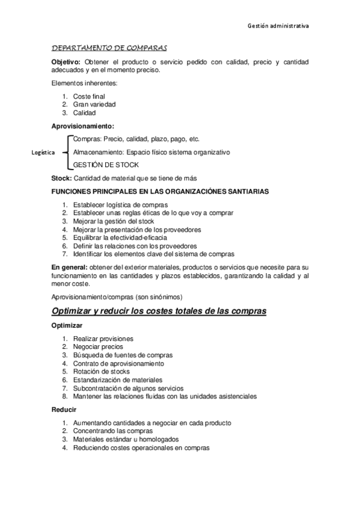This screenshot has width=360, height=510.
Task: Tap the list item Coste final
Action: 89,96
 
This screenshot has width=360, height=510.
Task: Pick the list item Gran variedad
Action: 94,104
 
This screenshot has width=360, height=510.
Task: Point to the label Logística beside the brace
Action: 43,153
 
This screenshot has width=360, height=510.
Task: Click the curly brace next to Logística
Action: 66,152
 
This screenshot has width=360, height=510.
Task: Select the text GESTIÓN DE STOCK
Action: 106,165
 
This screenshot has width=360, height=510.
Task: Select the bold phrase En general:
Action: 69,266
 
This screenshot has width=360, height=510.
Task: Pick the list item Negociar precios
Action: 98,346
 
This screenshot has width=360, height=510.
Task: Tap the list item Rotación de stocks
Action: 101,372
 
